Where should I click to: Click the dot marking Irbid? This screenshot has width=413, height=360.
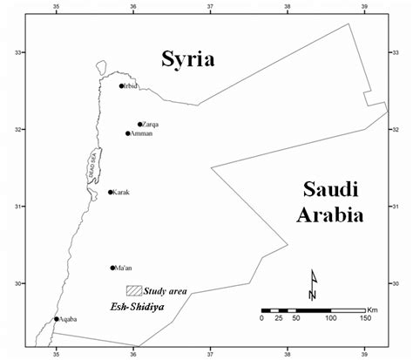[122, 85]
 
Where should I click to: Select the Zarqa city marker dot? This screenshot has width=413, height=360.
[139, 124]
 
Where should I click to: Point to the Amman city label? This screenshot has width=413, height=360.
[142, 133]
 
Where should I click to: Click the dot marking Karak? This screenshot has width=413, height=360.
[111, 192]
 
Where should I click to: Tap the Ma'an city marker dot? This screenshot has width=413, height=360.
[112, 268]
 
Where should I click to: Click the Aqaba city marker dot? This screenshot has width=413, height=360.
[57, 318]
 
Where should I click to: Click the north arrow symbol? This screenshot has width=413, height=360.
[313, 284]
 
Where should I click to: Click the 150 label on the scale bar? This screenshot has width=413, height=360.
[364, 319]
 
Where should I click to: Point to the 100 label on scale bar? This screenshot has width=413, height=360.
[330, 319]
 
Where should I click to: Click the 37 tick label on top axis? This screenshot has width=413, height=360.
[210, 6]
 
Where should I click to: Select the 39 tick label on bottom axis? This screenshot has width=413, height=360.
[363, 354]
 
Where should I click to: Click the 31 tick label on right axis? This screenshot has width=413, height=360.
[397, 206]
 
